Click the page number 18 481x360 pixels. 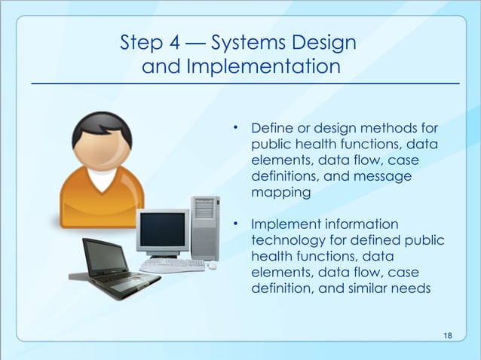pos(449,334)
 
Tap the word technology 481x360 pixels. pos(284,241)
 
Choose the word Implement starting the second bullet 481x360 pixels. pos(283,224)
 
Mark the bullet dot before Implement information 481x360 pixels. pos(235,224)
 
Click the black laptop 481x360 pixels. pos(112,263)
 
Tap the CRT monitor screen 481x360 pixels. pos(161,229)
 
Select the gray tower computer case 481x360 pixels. pos(204,226)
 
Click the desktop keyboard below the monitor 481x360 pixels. pos(172,265)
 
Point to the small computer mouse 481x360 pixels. pos(213,266)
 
